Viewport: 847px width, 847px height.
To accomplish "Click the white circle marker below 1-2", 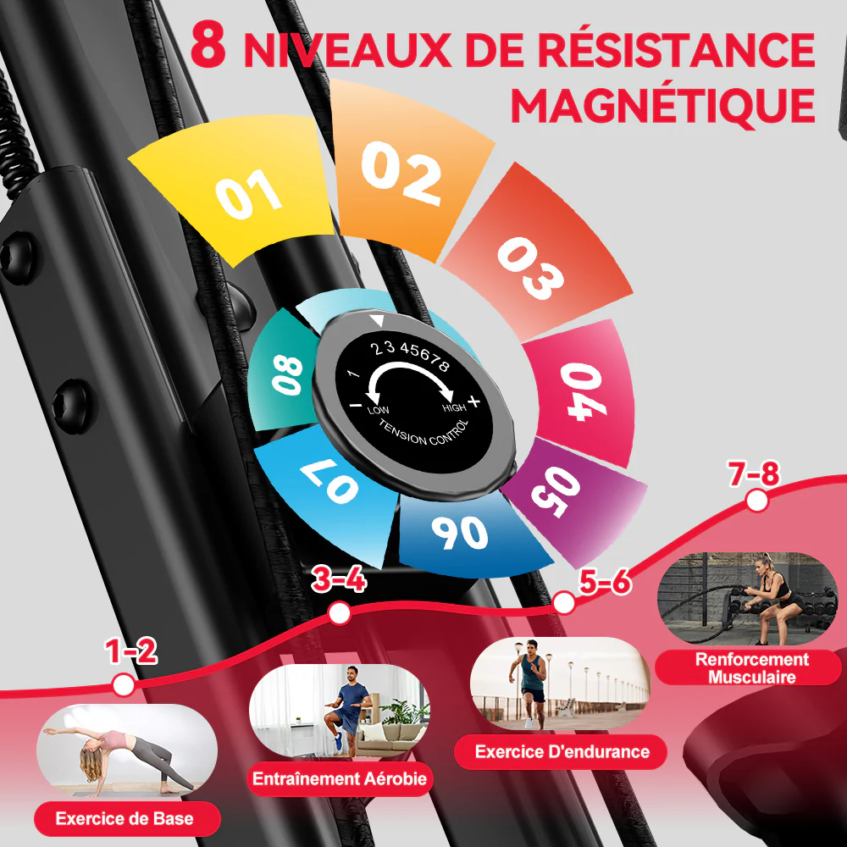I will tap(124, 684).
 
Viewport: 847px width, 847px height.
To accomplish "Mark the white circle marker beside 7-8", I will tap(757, 502).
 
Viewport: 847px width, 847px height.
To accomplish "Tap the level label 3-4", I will tap(339, 581).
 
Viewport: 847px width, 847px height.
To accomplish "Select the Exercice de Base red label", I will tap(125, 819).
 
